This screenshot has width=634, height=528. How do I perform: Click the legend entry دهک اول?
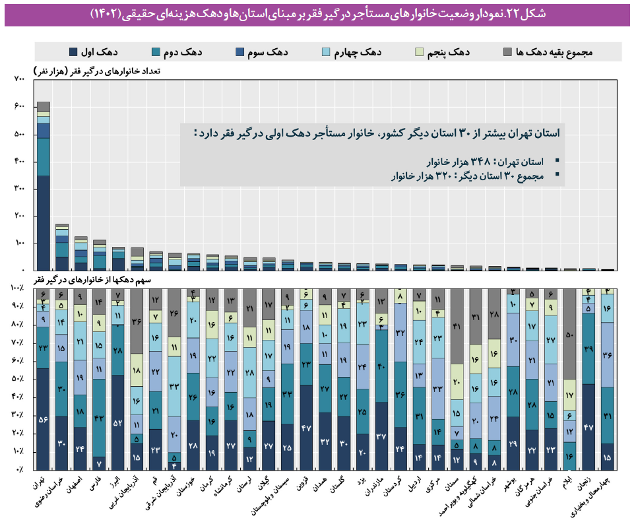point(92,52)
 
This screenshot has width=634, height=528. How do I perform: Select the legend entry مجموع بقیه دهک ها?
point(554,52)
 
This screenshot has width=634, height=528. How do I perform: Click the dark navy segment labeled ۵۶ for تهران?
point(44,418)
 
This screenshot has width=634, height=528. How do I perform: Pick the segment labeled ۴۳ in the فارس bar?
point(100,417)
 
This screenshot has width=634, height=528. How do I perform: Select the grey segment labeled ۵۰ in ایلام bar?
point(570,335)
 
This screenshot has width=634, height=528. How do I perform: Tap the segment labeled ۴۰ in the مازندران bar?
point(382,366)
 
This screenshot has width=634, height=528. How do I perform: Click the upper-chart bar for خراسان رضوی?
point(62,247)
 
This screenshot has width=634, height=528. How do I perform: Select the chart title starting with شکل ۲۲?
point(317,13)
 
